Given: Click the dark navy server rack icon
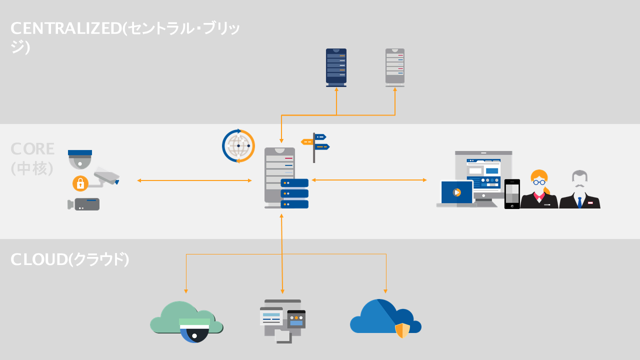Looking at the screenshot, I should [336, 67].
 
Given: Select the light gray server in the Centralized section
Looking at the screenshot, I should [395, 67].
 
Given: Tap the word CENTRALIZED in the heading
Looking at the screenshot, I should [66, 28].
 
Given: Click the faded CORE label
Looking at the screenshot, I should [32, 149].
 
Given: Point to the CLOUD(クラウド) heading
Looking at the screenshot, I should [70, 259].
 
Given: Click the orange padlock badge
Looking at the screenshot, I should [80, 183].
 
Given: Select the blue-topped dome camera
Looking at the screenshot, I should [80, 159].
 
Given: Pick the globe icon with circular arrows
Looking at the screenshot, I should [238, 146].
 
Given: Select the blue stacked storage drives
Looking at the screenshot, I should [294, 193].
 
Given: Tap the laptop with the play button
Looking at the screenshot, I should [456, 193].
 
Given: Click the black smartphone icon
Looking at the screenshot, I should [512, 194].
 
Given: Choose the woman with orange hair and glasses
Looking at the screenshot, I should [539, 190].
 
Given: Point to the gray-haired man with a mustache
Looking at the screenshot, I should [579, 190].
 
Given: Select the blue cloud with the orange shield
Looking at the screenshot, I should [385, 318].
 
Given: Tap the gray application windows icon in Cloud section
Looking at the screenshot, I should [282, 320].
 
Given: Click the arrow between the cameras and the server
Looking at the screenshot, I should [194, 180].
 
